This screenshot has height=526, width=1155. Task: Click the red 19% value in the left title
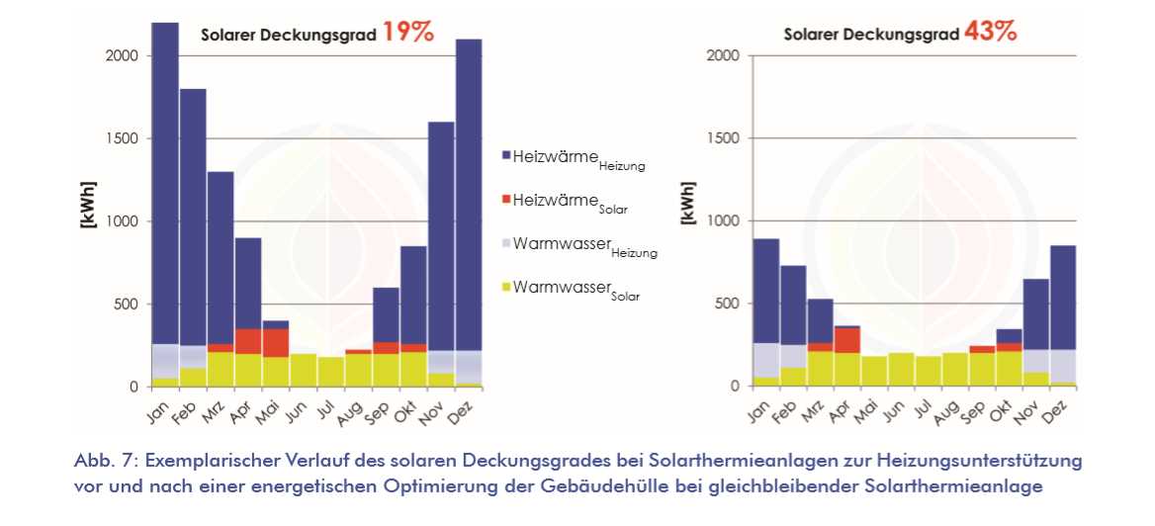click(x=408, y=32)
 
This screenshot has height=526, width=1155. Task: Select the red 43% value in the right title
click(x=992, y=32)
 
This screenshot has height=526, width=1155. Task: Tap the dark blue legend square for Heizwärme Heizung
click(x=507, y=155)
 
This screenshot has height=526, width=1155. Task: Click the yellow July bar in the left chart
click(x=331, y=372)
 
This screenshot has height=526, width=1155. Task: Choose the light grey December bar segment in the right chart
click(x=1062, y=366)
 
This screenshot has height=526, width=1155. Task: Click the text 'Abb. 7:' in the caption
click(x=101, y=461)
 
